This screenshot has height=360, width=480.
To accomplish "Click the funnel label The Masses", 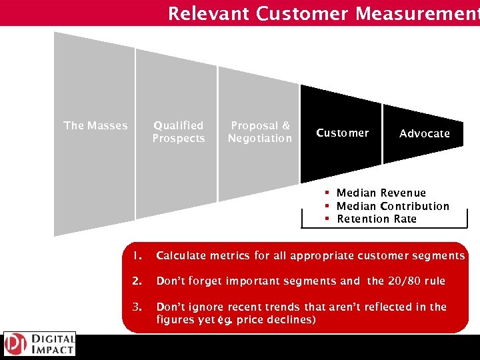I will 95,125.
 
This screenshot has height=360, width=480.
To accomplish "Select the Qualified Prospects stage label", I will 178,131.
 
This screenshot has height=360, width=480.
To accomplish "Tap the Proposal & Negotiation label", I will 260,131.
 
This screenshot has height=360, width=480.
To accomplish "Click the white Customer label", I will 342,133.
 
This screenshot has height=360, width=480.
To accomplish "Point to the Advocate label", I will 425,133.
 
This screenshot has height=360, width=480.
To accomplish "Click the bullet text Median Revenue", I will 381,193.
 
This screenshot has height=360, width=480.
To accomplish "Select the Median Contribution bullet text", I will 393,206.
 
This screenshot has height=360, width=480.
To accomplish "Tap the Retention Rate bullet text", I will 377,219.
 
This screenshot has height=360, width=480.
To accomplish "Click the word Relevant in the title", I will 208,13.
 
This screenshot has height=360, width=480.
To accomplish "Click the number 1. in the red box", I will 137,255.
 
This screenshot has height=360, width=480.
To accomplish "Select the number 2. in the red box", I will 137,281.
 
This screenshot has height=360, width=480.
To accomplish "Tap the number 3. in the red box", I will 137,307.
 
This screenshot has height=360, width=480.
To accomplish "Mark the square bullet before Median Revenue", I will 328,193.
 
